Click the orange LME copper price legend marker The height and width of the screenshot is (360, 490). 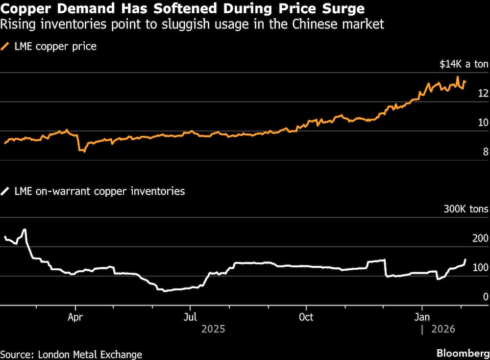click(6, 47)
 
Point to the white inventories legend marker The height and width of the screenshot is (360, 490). click(6, 191)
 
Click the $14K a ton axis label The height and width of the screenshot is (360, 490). click(463, 64)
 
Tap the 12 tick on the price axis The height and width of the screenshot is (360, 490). click(483, 93)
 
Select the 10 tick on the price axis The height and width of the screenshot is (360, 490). click(483, 123)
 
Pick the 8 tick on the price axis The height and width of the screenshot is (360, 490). click(486, 152)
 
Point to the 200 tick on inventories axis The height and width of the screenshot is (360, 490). click(480, 239)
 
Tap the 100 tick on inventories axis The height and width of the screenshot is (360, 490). click(480, 268)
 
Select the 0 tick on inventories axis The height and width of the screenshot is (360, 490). click(486, 297)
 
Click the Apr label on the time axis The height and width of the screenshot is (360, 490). click(75, 317)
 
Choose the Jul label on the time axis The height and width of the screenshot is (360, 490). click(190, 317)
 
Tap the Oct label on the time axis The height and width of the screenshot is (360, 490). click(306, 317)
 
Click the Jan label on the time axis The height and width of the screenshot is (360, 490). click(422, 317)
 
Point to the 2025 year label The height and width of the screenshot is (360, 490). click(213, 329)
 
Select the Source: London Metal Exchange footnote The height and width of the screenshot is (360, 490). click(72, 354)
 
